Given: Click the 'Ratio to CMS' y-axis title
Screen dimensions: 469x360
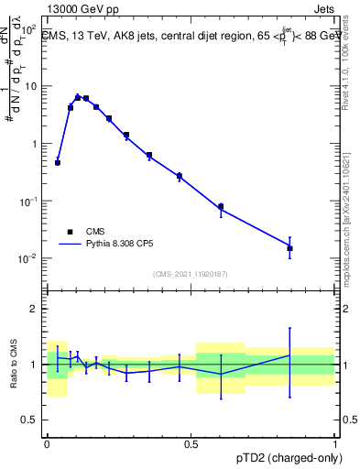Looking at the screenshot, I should point(12,365).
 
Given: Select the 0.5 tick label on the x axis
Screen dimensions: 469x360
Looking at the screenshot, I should point(191,442).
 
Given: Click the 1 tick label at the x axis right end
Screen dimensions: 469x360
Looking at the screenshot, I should point(334,442).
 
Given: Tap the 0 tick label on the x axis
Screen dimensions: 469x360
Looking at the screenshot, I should point(48,442).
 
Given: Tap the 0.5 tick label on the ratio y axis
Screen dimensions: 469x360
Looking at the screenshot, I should point(32,420).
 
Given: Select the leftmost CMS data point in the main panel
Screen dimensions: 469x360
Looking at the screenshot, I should point(58,162).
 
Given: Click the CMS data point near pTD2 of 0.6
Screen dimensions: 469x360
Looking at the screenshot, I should point(221,206).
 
